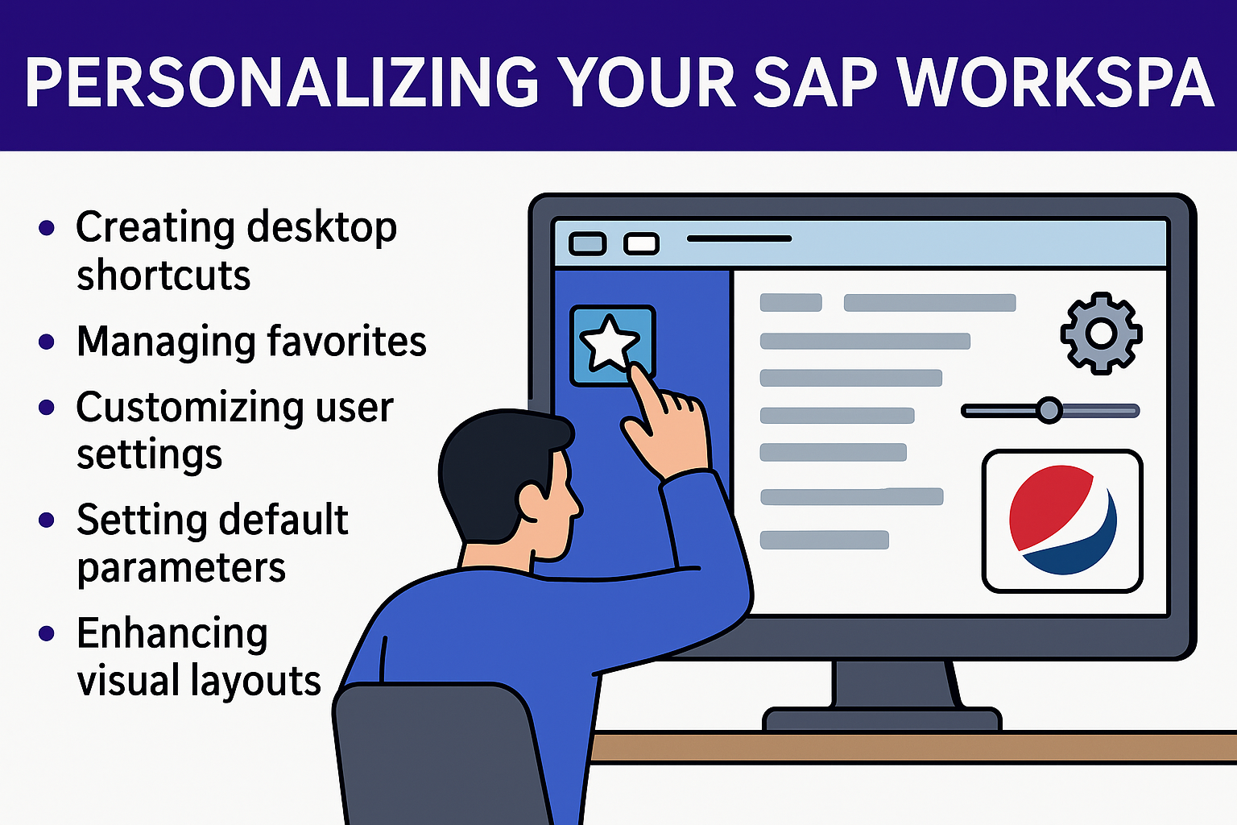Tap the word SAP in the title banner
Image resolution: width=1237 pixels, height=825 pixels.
[814, 83]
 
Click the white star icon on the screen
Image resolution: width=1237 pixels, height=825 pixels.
[609, 343]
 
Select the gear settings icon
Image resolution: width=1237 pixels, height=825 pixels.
[1101, 334]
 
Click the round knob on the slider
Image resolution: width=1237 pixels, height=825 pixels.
[1049, 411]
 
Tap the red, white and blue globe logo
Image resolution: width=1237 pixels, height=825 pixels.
[1062, 520]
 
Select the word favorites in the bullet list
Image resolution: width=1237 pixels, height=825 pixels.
[347, 341]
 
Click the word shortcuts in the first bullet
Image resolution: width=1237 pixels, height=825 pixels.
[163, 275]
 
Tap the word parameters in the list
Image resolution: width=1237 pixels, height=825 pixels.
[181, 567]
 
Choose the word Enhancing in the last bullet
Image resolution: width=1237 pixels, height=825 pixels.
[172, 633]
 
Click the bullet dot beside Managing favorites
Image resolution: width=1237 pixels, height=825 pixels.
[47, 342]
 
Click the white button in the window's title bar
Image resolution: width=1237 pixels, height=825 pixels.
[641, 243]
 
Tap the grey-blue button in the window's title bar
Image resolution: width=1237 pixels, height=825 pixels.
[588, 243]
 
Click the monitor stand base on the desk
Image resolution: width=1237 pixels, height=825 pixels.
[882, 720]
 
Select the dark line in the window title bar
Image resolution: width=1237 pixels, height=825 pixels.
[739, 238]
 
